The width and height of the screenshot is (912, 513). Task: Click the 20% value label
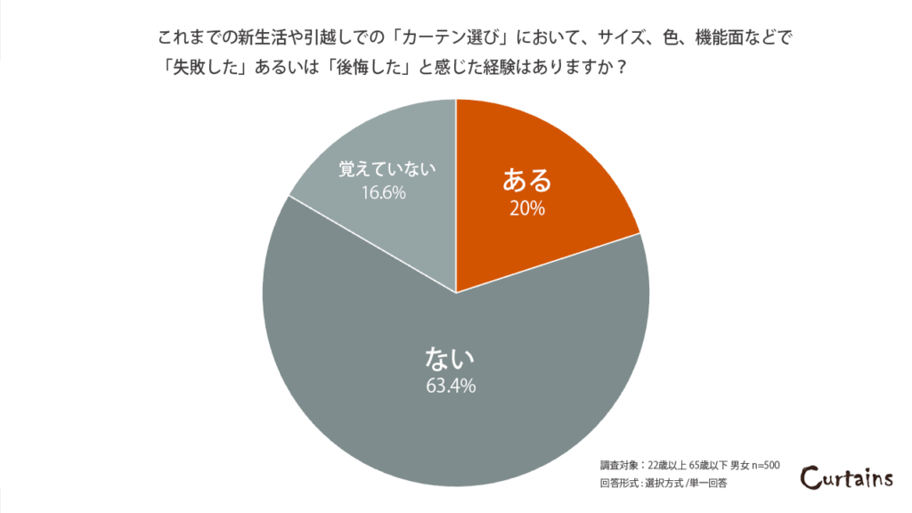pos(527,209)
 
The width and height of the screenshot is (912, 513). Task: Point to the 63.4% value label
pos(452,387)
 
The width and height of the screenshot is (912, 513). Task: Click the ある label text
pos(527,181)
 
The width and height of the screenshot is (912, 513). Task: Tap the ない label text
pos(452,358)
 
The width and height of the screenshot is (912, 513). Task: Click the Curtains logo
pos(846,478)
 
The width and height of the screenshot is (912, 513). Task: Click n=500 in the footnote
pos(764,465)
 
